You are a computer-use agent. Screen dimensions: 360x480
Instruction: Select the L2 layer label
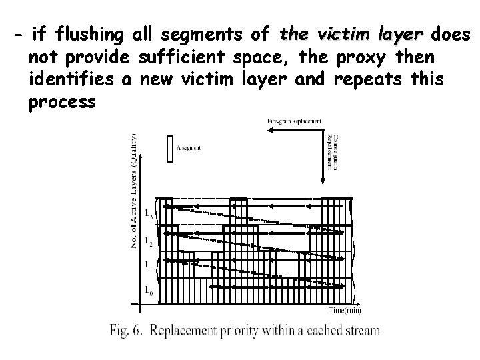[149, 241]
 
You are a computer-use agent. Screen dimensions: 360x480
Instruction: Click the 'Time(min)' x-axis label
[345, 310]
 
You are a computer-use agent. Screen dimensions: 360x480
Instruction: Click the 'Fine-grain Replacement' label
[295, 121]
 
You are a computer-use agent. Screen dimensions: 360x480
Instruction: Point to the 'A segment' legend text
[188, 148]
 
